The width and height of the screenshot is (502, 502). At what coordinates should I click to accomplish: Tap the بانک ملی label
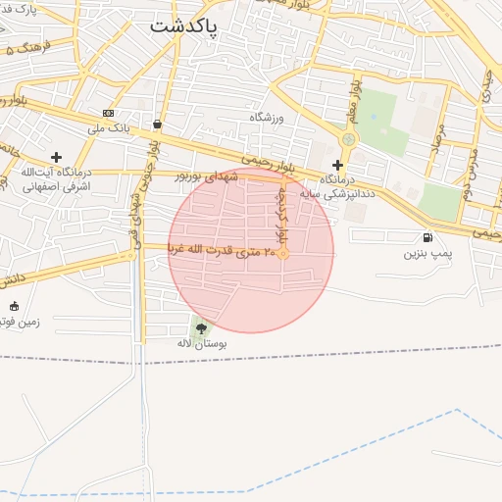(x=108, y=127)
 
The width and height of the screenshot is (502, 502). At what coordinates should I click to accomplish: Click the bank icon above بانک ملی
(x=108, y=113)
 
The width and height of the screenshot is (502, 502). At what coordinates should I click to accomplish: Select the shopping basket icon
(x=158, y=125)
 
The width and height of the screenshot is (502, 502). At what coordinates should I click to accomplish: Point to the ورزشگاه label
(x=265, y=118)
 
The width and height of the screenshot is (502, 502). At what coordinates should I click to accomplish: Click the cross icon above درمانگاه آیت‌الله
(x=56, y=157)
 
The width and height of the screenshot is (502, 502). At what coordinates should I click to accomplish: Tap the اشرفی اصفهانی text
(x=55, y=184)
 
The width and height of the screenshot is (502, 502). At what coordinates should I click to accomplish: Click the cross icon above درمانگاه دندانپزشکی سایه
(x=338, y=165)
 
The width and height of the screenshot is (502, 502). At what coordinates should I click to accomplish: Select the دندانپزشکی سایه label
(x=340, y=194)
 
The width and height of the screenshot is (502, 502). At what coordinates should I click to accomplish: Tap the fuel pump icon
(x=427, y=238)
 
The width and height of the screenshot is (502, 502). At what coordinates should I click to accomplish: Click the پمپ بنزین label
(x=427, y=253)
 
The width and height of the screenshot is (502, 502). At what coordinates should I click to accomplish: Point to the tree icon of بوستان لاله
(x=202, y=328)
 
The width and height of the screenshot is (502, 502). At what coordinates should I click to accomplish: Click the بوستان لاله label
(x=202, y=344)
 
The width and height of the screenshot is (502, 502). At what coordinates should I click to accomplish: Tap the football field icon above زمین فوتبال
(x=14, y=306)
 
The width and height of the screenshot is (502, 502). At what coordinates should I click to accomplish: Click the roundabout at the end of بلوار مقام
(x=348, y=139)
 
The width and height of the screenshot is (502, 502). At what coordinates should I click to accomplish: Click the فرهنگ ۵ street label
(x=28, y=47)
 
